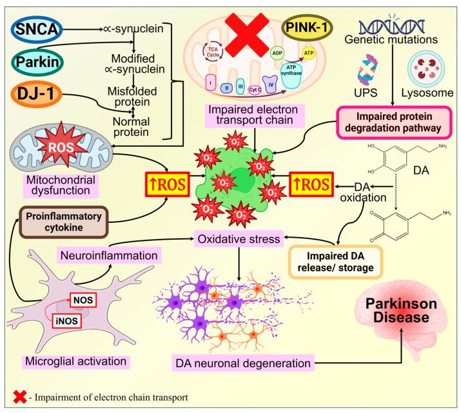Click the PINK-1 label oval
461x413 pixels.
[x=311, y=28]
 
